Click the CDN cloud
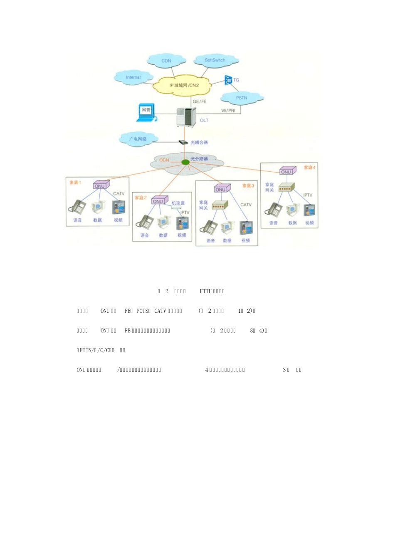[x=166, y=61]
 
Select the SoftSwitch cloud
[x=215, y=60]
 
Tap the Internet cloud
[x=133, y=77]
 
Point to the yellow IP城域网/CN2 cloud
[x=184, y=85]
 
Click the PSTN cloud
[x=242, y=98]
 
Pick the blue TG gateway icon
[x=228, y=80]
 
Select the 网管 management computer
[x=146, y=113]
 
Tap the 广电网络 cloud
[x=138, y=139]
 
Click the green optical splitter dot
[x=185, y=162]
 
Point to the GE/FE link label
[x=200, y=101]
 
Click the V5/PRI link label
[x=228, y=111]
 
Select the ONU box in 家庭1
[x=100, y=186]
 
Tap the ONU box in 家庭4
[x=287, y=171]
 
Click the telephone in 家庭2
[x=145, y=221]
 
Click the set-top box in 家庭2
[x=176, y=207]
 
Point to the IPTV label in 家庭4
[x=308, y=195]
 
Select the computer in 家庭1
[x=98, y=207]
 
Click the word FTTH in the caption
[x=205, y=291]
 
